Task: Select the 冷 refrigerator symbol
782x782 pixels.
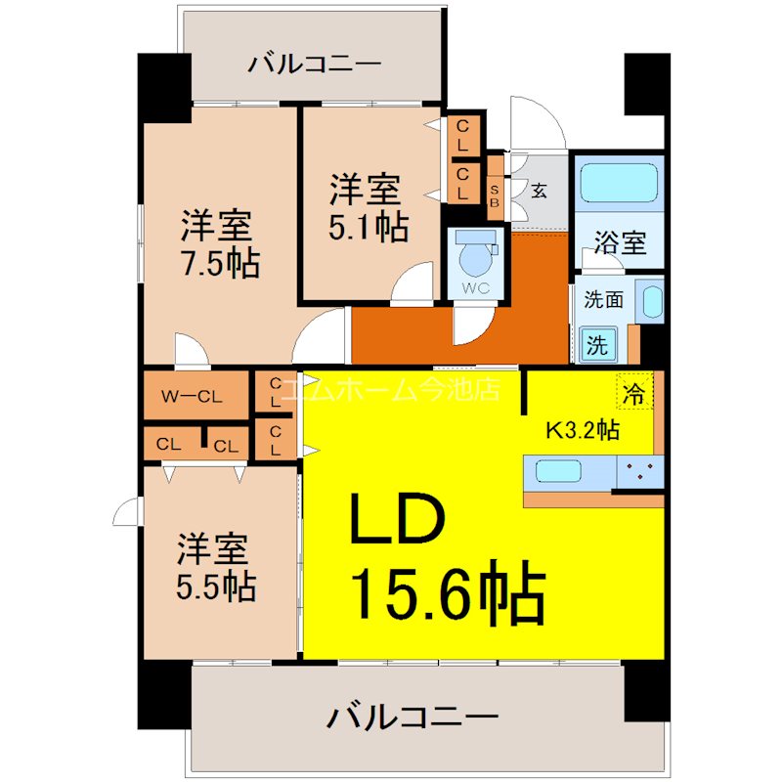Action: point(634,394)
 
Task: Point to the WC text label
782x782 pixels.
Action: point(476,288)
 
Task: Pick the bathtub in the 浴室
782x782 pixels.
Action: point(619,182)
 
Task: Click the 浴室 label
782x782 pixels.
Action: point(620,241)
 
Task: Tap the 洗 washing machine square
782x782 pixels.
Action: point(596,344)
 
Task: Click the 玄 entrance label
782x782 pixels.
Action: point(540,190)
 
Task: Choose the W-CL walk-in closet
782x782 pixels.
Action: point(193,396)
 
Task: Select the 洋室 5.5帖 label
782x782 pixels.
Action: point(216,567)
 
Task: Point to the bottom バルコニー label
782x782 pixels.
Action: point(412,718)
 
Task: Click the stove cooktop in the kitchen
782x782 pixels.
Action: point(640,471)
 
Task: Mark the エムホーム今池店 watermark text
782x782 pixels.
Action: point(391,389)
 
